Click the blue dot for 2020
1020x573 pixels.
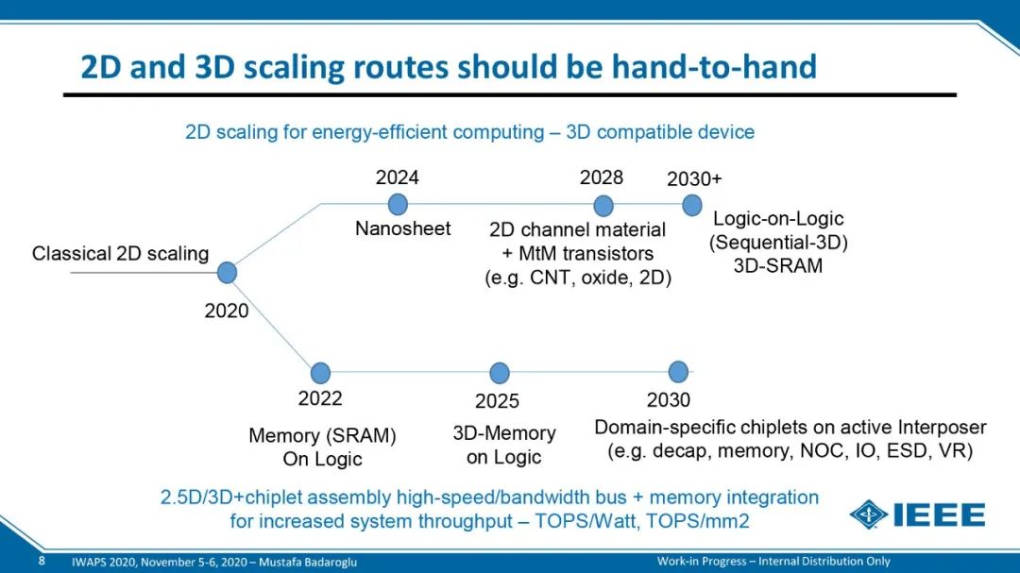click(227, 273)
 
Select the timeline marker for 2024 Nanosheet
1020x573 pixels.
click(398, 204)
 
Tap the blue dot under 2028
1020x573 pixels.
click(603, 206)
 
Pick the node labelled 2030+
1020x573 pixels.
click(692, 205)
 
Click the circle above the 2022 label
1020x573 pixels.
click(320, 373)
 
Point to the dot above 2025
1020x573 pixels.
click(500, 373)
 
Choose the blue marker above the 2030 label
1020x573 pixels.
click(678, 372)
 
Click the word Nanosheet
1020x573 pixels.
click(402, 228)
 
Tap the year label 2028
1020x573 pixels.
click(602, 177)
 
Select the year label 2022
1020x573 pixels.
click(320, 398)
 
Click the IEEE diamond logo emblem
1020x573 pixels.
click(869, 515)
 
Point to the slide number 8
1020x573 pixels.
click(42, 561)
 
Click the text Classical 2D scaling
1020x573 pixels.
click(120, 254)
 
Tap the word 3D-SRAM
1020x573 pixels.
click(778, 265)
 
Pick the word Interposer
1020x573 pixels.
click(942, 428)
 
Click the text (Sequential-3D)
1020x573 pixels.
click(778, 242)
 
